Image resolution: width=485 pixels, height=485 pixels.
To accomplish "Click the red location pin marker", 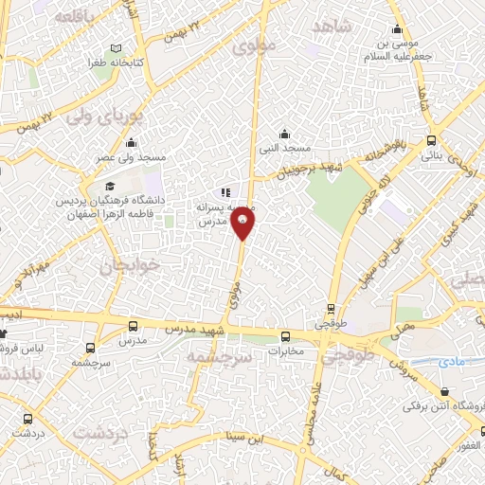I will click(x=243, y=225).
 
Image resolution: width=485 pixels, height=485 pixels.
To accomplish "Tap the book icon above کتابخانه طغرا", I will click(x=116, y=48).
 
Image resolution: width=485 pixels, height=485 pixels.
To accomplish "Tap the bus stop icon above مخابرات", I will click(x=285, y=336).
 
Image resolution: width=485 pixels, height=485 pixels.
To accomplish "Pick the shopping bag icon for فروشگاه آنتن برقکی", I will click(x=445, y=392).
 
